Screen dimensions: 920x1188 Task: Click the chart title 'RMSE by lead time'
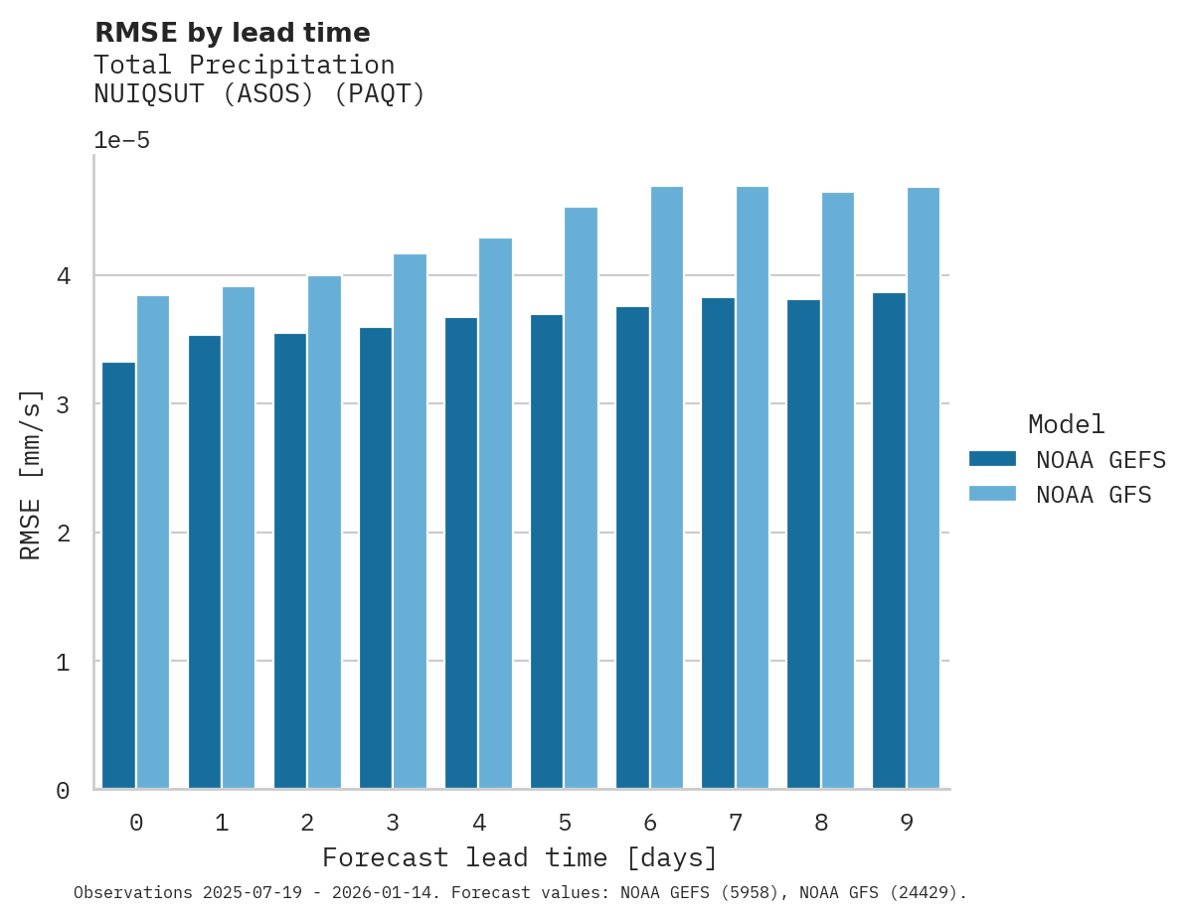232,33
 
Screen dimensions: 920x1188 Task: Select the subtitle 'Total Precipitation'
244,66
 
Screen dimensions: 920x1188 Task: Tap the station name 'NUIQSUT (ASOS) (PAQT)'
258,94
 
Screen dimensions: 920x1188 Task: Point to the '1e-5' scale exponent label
121,140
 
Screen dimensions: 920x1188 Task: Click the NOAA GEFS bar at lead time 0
118,576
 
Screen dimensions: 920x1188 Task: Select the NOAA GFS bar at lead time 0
153,542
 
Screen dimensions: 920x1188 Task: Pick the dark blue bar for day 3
375,558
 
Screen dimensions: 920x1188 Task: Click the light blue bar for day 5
581,498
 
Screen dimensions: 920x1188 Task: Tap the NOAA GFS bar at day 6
666,488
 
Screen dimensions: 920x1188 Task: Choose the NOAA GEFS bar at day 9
889,541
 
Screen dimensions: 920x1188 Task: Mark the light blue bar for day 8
837,491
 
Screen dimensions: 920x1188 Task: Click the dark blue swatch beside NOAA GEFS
992,459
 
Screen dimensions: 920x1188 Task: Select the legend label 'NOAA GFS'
1094,495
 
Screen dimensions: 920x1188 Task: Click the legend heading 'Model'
1066,424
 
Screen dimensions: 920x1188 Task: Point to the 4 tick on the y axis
63,275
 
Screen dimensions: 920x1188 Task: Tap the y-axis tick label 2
63,534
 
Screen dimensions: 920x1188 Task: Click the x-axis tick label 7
736,823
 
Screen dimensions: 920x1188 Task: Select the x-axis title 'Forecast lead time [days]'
519,857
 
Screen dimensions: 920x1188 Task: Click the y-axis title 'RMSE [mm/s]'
31,474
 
